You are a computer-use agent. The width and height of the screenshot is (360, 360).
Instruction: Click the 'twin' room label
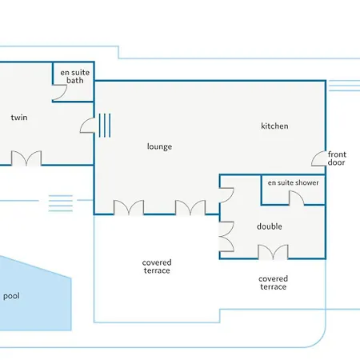(x=19, y=118)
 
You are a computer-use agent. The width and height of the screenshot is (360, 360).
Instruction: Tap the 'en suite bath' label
(x=75, y=76)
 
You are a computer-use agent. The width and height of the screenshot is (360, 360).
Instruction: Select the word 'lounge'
(x=159, y=146)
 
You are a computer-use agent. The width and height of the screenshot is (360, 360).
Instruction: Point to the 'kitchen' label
(x=274, y=126)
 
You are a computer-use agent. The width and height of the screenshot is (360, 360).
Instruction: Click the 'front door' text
(x=337, y=158)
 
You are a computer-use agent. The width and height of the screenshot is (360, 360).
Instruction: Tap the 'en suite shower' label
(x=294, y=182)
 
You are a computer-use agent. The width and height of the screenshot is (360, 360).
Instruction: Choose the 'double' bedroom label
(x=270, y=226)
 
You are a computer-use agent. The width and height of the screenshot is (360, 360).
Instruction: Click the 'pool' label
(x=11, y=296)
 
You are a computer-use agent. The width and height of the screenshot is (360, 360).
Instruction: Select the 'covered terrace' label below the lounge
(x=157, y=266)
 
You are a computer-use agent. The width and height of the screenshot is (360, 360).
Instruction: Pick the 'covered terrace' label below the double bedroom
(x=274, y=282)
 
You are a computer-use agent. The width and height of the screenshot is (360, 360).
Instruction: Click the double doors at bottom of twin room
(x=26, y=158)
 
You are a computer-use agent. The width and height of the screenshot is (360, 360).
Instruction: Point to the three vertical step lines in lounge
(x=105, y=126)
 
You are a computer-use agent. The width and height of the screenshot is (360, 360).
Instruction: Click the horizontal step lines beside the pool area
(x=61, y=203)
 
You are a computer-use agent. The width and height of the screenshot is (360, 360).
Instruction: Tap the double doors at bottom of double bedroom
(x=274, y=252)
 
